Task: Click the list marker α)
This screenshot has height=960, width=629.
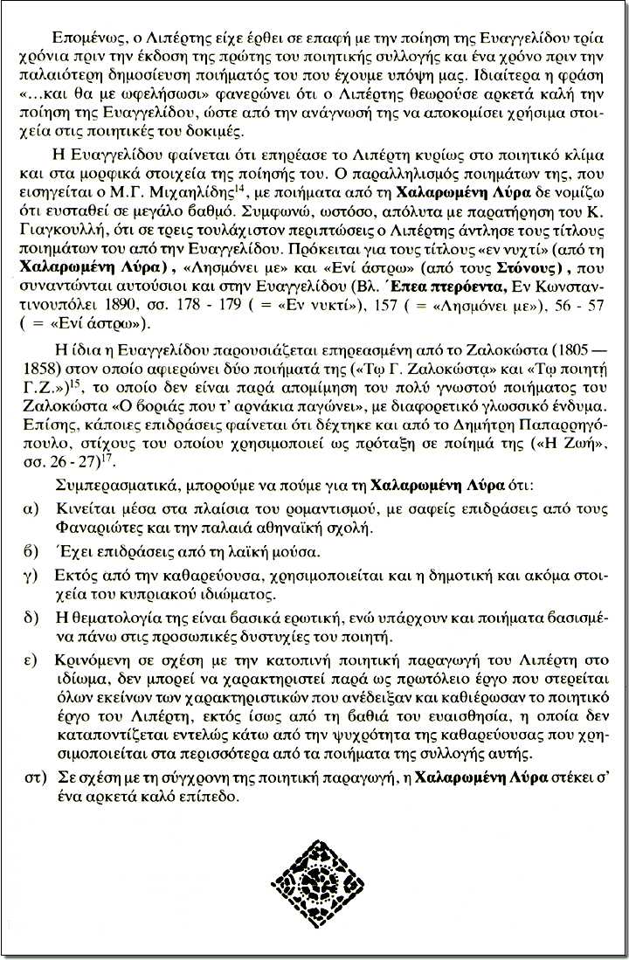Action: tap(35, 508)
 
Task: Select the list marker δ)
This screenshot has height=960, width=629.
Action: tap(35, 618)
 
